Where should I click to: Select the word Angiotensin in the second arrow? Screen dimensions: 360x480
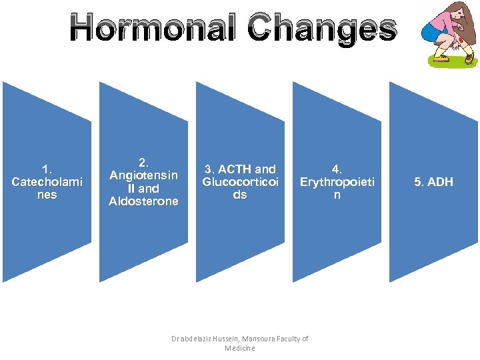tap(143, 175)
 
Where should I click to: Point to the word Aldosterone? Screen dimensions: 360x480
tap(143, 201)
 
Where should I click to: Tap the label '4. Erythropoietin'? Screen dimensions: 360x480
tap(337, 181)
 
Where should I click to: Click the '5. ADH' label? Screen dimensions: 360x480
tap(433, 181)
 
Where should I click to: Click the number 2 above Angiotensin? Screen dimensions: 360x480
tap(143, 163)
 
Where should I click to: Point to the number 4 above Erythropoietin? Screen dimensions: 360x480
tap(336, 169)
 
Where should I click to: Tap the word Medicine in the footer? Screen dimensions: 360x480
tap(240, 348)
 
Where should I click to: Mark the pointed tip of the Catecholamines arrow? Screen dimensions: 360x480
tap(91, 181)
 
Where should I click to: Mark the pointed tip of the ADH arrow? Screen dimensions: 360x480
tap(477, 181)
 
